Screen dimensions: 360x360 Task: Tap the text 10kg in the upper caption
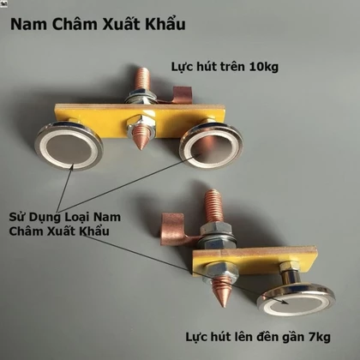264,68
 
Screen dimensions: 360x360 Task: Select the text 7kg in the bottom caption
319,338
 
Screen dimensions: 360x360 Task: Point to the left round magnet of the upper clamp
69,146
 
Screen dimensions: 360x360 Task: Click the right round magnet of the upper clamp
212,147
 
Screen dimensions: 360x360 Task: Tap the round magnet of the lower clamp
296,301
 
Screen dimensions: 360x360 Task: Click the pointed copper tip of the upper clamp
141,138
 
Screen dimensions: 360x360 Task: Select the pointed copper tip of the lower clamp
222,293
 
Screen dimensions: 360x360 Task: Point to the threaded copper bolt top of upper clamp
142,80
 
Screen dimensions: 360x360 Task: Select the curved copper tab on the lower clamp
176,229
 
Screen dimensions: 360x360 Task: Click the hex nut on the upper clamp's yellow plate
141,123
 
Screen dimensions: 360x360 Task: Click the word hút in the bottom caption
219,337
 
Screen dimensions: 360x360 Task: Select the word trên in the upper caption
233,67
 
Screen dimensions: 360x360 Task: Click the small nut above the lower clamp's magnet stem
289,266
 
